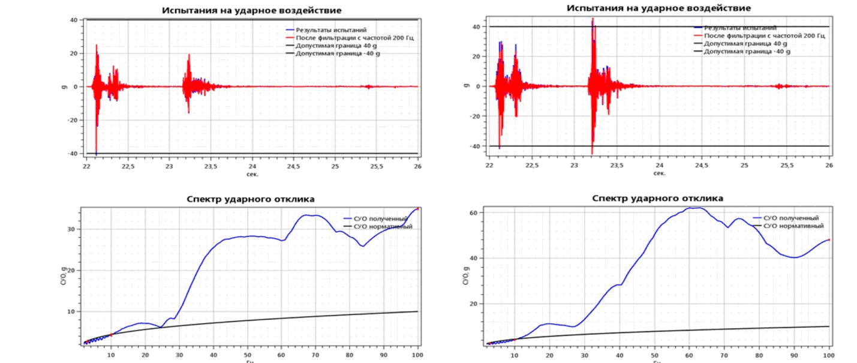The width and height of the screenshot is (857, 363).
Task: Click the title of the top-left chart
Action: [x=256, y=10]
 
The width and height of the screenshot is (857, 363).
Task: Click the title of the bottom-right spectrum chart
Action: [x=658, y=198]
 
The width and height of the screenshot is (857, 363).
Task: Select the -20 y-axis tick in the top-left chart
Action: [x=75, y=120]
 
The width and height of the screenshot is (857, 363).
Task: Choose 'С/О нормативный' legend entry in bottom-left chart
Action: [x=384, y=226]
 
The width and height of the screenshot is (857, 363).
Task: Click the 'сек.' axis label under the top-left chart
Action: [x=252, y=173]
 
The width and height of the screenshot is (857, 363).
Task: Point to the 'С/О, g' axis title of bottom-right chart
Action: [x=467, y=277]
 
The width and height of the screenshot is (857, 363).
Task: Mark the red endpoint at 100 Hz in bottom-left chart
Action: [x=417, y=209]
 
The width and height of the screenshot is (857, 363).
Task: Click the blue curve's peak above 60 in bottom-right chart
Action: [x=694, y=208]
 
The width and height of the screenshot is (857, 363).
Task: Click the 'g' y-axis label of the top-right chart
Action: [x=465, y=86]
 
